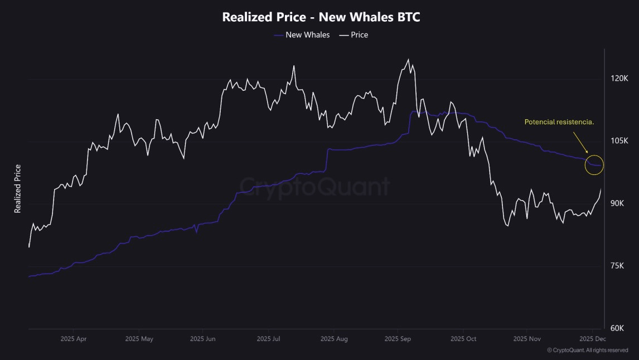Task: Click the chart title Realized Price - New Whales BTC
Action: (x=321, y=17)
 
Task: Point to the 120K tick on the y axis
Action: (x=619, y=79)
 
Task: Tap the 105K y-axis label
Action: (x=619, y=141)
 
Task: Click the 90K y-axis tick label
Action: (x=617, y=203)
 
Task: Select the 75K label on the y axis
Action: (x=617, y=266)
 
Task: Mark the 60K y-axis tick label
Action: (x=617, y=328)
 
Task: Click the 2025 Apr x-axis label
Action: (x=74, y=339)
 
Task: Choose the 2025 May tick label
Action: (x=139, y=339)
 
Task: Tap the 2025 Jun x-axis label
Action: (x=204, y=339)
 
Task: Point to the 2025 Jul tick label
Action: (x=268, y=339)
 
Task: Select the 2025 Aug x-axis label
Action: (x=334, y=339)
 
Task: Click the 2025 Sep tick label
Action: (x=399, y=339)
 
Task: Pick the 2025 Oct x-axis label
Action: (x=464, y=339)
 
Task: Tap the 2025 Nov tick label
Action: (x=527, y=339)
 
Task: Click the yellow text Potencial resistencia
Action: (x=559, y=121)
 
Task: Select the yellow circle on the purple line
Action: (x=594, y=165)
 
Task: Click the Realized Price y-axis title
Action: (x=18, y=188)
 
